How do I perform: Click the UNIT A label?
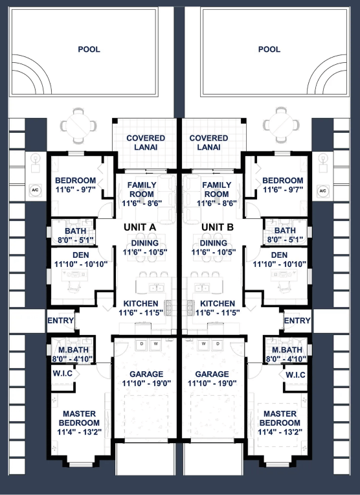[x=140, y=227]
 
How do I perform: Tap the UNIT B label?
[x=218, y=227]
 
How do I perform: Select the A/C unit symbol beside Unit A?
[x=35, y=190]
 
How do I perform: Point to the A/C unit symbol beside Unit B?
[x=322, y=190]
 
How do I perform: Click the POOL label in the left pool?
[x=89, y=49]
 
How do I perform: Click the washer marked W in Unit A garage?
[x=155, y=345]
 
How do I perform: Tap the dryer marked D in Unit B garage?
[x=218, y=345]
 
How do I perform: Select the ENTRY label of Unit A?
[x=61, y=321]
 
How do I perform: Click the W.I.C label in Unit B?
[x=296, y=374]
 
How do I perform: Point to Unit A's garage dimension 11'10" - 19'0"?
[x=147, y=384]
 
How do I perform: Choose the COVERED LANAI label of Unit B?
[x=208, y=143]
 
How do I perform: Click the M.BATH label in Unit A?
[x=74, y=350]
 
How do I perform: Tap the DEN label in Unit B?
[x=279, y=255]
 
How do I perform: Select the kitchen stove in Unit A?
[x=168, y=308]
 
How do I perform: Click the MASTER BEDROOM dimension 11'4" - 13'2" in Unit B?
[x=280, y=432]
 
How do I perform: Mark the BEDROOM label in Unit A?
[x=75, y=180]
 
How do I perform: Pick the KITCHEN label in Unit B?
[x=218, y=303]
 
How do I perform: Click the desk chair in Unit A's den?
[x=74, y=286]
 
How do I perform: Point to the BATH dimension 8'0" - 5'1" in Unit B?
[x=286, y=240]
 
